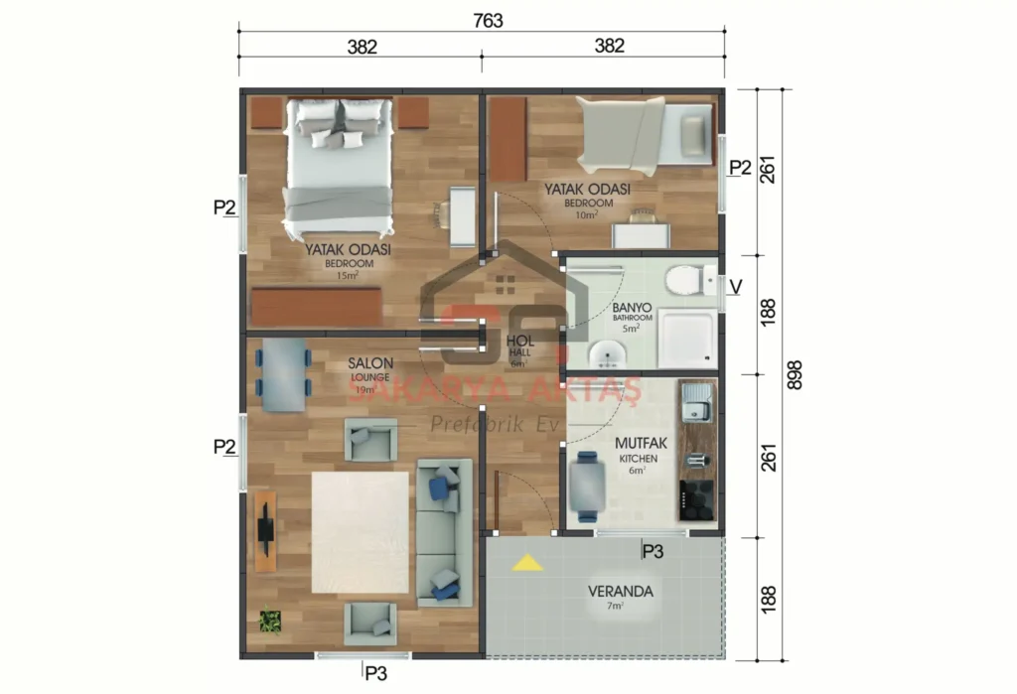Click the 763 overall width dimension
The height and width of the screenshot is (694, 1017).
[489, 20]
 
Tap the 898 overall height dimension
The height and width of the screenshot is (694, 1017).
[794, 374]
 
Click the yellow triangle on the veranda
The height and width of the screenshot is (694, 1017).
[527, 563]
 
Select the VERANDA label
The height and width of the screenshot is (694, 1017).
[620, 591]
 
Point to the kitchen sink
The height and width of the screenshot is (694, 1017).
[697, 403]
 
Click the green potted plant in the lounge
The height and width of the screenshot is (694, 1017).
[270, 622]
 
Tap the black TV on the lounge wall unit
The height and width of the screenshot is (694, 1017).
[265, 529]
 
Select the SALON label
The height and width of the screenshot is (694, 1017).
[370, 363]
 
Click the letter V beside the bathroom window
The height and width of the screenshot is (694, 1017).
[736, 287]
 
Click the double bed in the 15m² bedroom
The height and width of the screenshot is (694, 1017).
[338, 169]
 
